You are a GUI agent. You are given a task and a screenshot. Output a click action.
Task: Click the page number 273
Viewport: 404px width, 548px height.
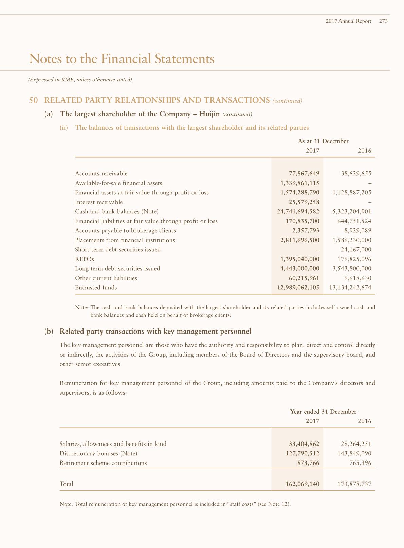tap(383, 21)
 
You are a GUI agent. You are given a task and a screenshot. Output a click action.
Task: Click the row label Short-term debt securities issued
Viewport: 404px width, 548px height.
tap(118, 250)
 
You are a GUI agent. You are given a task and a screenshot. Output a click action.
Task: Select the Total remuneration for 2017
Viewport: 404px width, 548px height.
tap(302, 484)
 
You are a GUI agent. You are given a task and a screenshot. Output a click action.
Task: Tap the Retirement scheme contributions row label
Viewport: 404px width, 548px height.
tap(103, 463)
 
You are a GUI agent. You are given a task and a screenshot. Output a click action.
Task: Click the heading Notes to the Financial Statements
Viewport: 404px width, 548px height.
tap(122, 59)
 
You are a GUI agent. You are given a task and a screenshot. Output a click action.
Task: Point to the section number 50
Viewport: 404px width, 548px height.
tap(33, 100)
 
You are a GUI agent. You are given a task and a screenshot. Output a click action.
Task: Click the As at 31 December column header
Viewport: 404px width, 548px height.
tap(323, 141)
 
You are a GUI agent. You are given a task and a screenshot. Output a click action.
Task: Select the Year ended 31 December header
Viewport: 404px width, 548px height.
tap(323, 412)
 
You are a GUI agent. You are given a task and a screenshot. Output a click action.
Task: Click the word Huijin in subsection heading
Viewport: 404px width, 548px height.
tap(209, 114)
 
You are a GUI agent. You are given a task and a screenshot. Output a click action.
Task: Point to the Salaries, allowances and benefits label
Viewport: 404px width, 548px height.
tap(113, 444)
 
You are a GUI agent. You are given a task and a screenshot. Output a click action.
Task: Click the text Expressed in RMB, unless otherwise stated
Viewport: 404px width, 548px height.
tap(80, 80)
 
